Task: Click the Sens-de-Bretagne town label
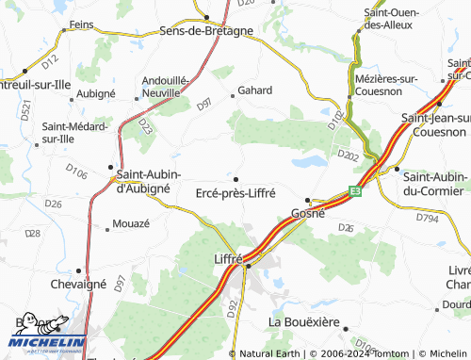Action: pyautogui.click(x=206, y=30)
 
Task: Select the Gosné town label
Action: pyautogui.click(x=308, y=214)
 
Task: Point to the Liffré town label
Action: pyautogui.click(x=229, y=258)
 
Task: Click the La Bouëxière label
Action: pyautogui.click(x=303, y=321)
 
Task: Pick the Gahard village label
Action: pyautogui.click(x=255, y=90)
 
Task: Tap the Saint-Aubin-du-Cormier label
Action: pyautogui.click(x=434, y=184)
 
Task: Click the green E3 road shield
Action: pyautogui.click(x=355, y=190)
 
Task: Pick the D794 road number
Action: pyautogui.click(x=429, y=219)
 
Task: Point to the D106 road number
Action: pyautogui.click(x=77, y=173)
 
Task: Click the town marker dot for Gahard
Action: pyautogui.click(x=234, y=95)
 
